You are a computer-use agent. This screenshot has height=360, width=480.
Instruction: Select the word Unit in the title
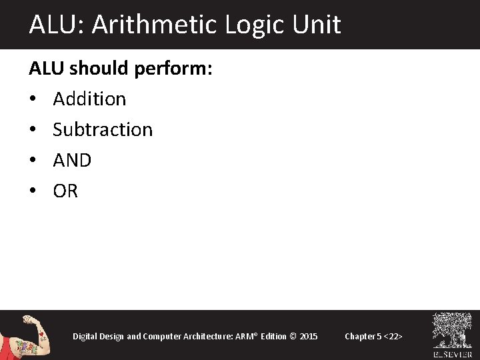click(x=317, y=25)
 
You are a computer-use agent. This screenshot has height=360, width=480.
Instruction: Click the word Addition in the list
click(x=89, y=99)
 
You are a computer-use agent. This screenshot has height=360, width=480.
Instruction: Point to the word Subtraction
click(x=103, y=129)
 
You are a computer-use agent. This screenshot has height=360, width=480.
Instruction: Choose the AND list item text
click(x=72, y=160)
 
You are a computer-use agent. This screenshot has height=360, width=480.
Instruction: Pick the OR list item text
click(x=65, y=191)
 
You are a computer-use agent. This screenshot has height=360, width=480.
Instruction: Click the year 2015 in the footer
click(x=309, y=336)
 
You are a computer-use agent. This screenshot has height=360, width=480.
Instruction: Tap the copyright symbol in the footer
click(x=292, y=336)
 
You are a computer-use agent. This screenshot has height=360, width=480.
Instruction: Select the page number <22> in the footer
click(x=392, y=336)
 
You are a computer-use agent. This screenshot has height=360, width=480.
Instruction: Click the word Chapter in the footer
click(x=359, y=336)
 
